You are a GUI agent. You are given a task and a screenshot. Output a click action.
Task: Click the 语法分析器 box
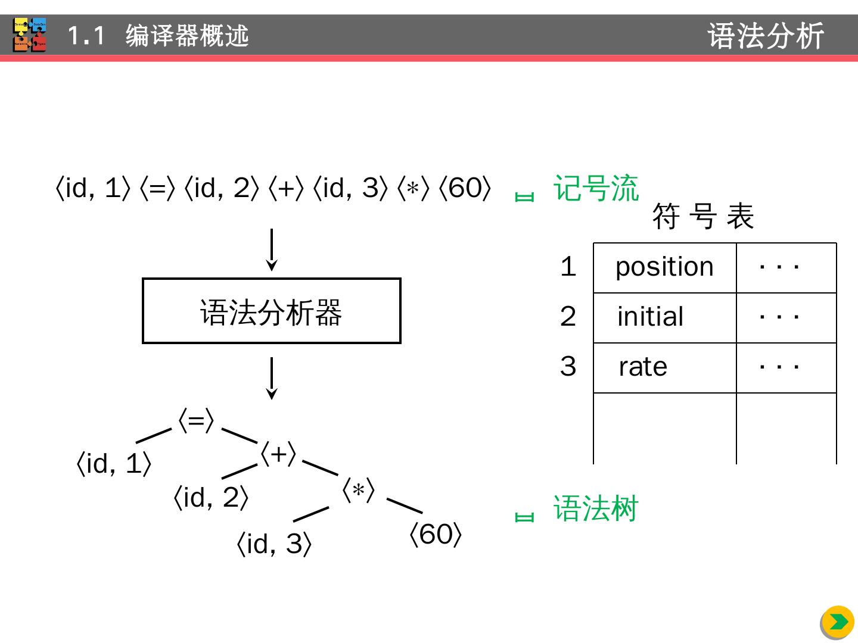[x=271, y=311]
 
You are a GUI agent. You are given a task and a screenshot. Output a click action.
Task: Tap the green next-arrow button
[x=837, y=622]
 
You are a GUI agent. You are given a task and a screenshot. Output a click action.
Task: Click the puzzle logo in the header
[x=30, y=35]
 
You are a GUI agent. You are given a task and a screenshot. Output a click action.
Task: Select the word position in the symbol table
[x=664, y=267]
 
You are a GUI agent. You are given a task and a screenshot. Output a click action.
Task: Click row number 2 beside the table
[x=568, y=316]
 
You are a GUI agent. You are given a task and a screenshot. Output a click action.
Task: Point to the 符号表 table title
[x=703, y=216]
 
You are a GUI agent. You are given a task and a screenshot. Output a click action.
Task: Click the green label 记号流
[x=596, y=189]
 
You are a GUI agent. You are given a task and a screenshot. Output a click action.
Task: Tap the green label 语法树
[x=596, y=509]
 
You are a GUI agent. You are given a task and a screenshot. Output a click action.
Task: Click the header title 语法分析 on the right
[x=766, y=36]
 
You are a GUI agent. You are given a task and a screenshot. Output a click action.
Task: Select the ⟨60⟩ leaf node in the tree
[x=436, y=535]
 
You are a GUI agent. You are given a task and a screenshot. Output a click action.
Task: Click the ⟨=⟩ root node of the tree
[x=196, y=421]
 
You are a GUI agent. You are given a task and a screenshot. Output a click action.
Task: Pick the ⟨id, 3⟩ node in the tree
[x=274, y=544]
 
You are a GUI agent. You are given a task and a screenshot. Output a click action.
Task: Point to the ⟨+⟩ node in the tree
[x=278, y=454]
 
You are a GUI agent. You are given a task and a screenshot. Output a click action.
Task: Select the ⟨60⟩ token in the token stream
[x=465, y=189]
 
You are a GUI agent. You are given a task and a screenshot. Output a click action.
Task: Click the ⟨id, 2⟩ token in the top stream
[x=222, y=189]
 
